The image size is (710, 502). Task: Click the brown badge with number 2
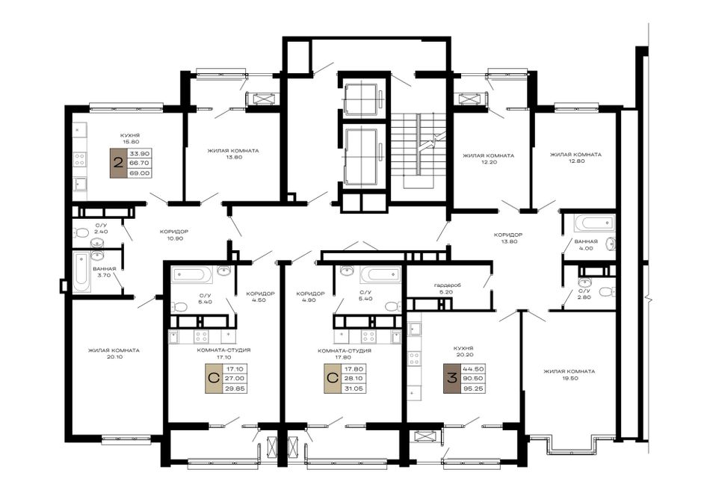pyautogui.click(x=119, y=163)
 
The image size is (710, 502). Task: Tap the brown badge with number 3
pyautogui.click(x=452, y=379)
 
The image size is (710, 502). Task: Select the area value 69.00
pyautogui.click(x=140, y=173)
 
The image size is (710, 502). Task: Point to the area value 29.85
pyautogui.click(x=235, y=388)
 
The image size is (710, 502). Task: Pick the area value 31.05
pyautogui.click(x=354, y=388)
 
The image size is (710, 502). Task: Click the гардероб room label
pyautogui.click(x=447, y=289)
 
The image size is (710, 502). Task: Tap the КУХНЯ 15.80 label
pyautogui.click(x=130, y=138)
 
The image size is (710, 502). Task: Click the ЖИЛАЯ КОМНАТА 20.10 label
pyautogui.click(x=114, y=353)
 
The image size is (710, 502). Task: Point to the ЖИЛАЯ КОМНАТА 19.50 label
pyautogui.click(x=569, y=375)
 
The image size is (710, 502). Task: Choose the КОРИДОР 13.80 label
pyautogui.click(x=508, y=238)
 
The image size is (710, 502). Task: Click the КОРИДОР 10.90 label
pyautogui.click(x=174, y=235)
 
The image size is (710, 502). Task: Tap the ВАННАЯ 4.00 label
pyautogui.click(x=586, y=245)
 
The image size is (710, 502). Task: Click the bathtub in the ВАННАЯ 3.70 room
pyautogui.click(x=81, y=273)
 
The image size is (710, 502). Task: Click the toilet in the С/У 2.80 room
pyautogui.click(x=605, y=291)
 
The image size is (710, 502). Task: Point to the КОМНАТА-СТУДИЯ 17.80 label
pyautogui.click(x=345, y=353)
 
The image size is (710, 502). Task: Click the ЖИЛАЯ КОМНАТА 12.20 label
pyautogui.click(x=489, y=158)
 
